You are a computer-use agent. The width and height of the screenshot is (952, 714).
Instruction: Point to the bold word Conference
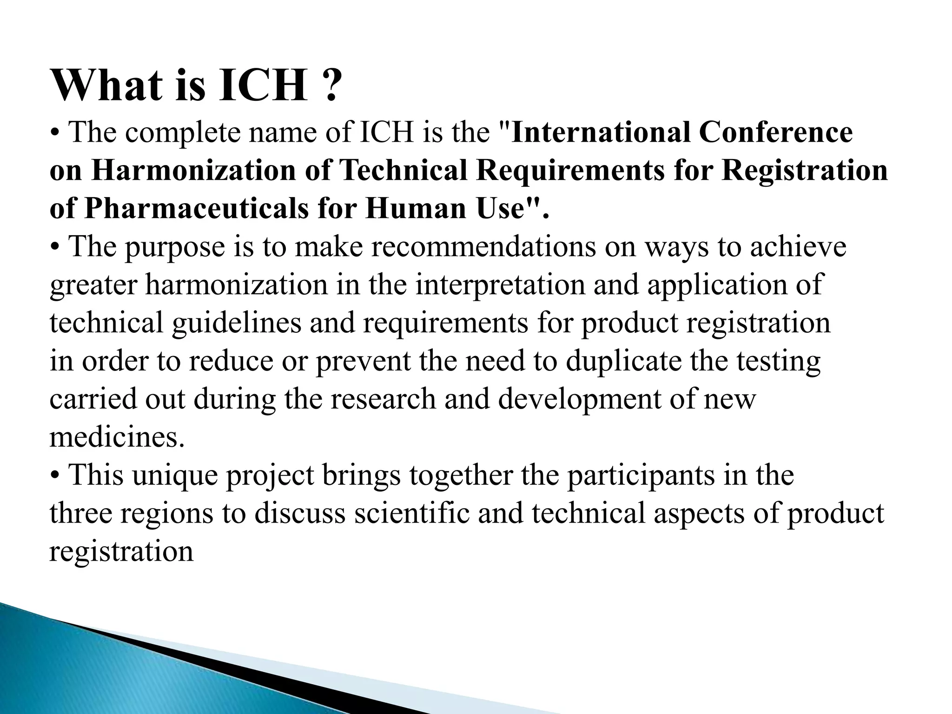pos(776,133)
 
